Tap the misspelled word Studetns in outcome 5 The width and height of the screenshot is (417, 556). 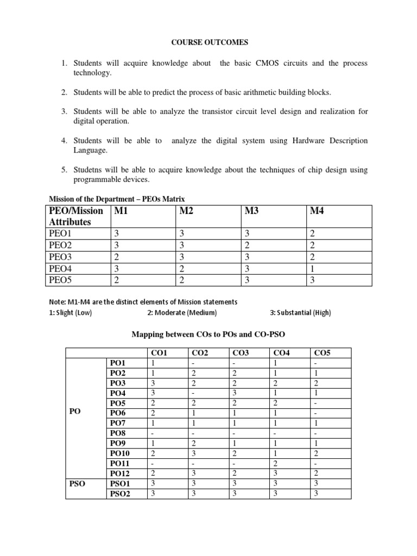click(89, 170)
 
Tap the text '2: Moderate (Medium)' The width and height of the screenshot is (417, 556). click(182, 313)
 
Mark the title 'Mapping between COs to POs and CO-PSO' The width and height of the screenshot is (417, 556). click(208, 334)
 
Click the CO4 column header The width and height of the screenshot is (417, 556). click(282, 353)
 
